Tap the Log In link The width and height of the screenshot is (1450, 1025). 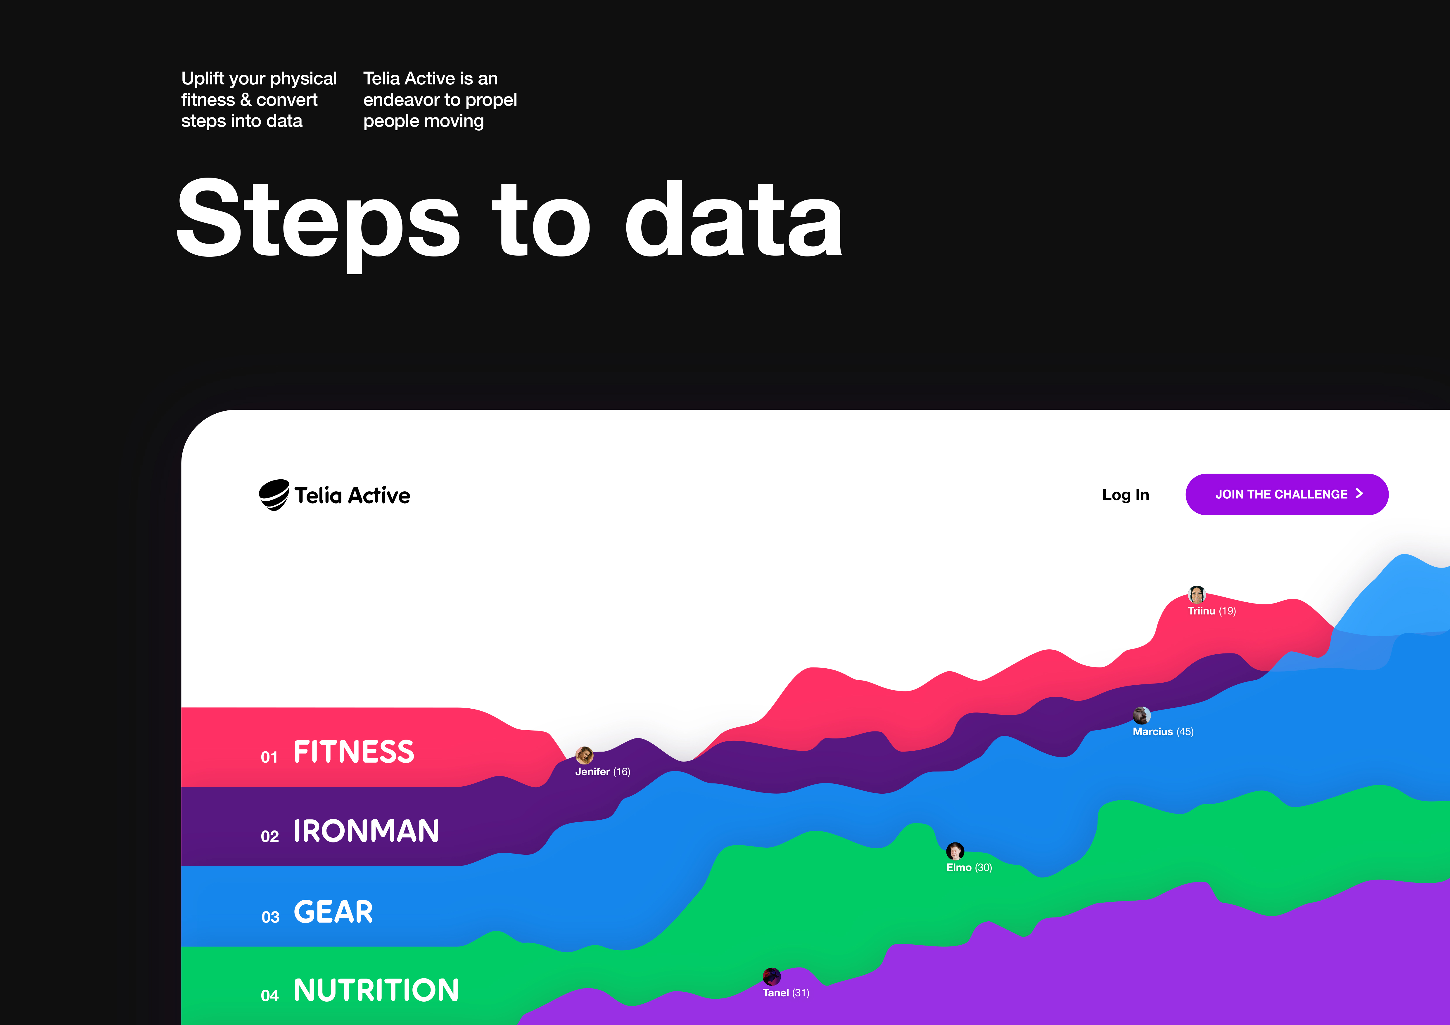pyautogui.click(x=1125, y=495)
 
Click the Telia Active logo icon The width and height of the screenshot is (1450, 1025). pyautogui.click(x=274, y=495)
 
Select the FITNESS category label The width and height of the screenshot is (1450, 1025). pyautogui.click(x=354, y=752)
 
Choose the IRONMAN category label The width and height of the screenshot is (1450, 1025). pyautogui.click(x=366, y=831)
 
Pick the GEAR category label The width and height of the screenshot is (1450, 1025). pyautogui.click(x=333, y=912)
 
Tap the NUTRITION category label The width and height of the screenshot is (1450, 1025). pyautogui.click(x=376, y=990)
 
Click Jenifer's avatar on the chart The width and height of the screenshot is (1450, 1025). pyautogui.click(x=584, y=755)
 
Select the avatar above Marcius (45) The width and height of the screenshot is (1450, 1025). pyautogui.click(x=1141, y=715)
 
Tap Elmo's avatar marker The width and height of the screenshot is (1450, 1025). pyautogui.click(x=955, y=851)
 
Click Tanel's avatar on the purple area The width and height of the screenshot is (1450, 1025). pyautogui.click(x=772, y=977)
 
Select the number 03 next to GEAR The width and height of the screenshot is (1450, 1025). pyautogui.click(x=270, y=917)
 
